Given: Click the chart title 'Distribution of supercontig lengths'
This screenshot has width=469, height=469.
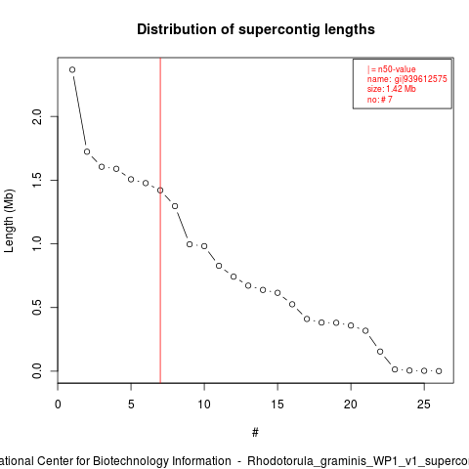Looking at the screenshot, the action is click(x=256, y=29).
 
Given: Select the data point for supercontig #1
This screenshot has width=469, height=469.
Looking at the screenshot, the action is click(x=72, y=69).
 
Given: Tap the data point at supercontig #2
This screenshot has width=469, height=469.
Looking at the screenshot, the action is click(x=87, y=151).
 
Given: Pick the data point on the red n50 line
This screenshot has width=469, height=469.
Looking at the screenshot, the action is click(x=160, y=191).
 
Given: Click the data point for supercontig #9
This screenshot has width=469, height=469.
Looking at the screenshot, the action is click(x=190, y=244).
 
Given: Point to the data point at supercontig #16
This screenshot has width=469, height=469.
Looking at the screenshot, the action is click(x=292, y=304).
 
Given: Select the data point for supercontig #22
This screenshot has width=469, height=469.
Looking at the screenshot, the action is click(x=380, y=352).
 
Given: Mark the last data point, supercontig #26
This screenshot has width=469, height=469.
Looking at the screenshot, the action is click(x=439, y=371).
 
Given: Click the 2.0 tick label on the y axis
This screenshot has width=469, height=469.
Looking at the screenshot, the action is click(x=37, y=116).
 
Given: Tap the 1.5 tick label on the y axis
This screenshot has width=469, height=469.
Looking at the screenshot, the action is click(x=37, y=180).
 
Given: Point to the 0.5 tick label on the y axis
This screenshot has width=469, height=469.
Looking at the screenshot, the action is click(x=37, y=307).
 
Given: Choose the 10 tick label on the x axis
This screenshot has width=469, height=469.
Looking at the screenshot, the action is click(x=204, y=405).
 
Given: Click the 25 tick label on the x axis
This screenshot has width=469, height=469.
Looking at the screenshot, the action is click(x=424, y=405).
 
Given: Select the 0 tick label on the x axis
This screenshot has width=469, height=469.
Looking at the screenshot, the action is click(x=58, y=405).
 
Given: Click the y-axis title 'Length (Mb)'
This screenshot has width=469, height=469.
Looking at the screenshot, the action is click(x=9, y=221).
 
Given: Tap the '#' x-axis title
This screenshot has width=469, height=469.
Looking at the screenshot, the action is click(x=255, y=433).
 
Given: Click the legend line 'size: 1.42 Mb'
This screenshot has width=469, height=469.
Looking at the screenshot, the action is click(x=392, y=89).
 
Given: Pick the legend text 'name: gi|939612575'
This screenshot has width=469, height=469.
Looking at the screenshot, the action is click(x=407, y=79).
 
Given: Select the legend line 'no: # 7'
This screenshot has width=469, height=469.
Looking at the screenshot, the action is click(x=380, y=99).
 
